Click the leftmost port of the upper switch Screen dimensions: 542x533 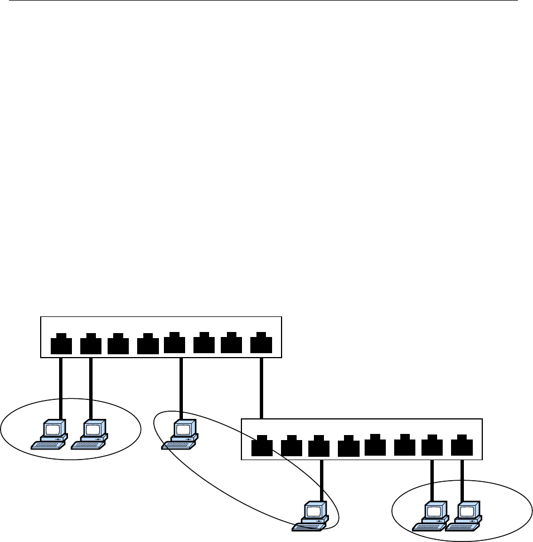[61, 344]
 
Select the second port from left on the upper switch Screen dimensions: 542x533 [91, 344]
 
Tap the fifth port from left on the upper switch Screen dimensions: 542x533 [175, 344]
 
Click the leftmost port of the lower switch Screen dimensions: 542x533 [261, 447]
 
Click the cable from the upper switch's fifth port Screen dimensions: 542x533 [181, 387]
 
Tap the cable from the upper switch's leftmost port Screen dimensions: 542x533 [61, 387]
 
